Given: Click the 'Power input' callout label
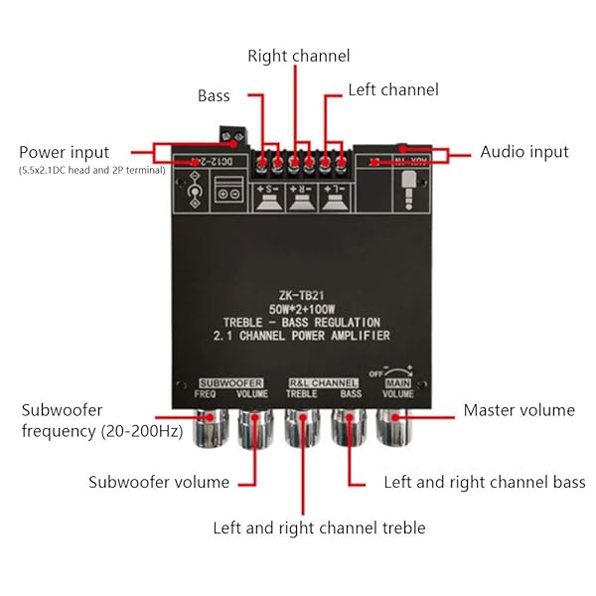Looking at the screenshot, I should [x=64, y=152].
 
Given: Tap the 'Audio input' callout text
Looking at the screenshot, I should [x=524, y=152].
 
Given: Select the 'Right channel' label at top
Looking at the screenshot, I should [x=298, y=57].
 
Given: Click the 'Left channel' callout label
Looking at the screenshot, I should [x=393, y=90].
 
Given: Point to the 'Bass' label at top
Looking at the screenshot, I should [x=214, y=96].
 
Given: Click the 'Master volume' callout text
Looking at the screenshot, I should [x=519, y=409].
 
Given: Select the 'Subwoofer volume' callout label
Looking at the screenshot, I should [x=159, y=482].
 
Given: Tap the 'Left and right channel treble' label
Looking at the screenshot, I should [x=318, y=527].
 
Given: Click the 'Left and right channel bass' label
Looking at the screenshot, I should [x=485, y=482].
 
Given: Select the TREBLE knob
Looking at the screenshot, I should [x=301, y=426].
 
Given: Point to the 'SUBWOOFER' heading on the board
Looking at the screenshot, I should [x=230, y=382].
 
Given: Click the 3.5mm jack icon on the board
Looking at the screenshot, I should [x=405, y=186].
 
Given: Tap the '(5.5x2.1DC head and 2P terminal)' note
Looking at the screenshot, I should [x=91, y=171].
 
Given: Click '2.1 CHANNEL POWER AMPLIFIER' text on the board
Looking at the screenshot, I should [x=302, y=337].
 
